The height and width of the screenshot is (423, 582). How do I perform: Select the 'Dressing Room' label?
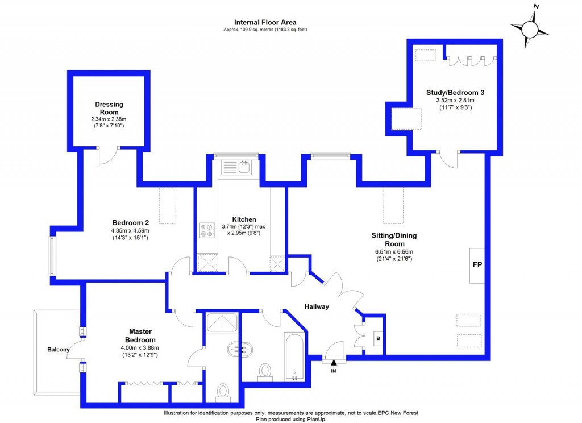pos(109,108)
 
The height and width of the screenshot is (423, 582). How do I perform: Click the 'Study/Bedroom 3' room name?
pos(455,92)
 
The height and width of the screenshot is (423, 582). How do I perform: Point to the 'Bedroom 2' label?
pos(130,222)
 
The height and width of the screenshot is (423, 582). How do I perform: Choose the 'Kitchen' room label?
pos(244,219)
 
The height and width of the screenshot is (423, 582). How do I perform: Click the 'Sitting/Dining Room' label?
pos(389,240)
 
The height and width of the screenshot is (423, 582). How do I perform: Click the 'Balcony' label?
pos(58,350)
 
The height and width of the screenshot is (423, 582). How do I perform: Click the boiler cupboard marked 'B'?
pos(377,339)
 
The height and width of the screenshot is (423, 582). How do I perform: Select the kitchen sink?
pos(238,167)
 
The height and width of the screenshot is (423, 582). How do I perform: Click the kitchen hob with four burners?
pos(205,230)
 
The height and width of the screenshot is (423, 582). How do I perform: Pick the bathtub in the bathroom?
pos(294,358)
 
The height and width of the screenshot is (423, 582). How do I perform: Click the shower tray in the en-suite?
pos(222,324)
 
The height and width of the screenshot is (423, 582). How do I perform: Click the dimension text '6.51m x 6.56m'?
pos(389,252)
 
